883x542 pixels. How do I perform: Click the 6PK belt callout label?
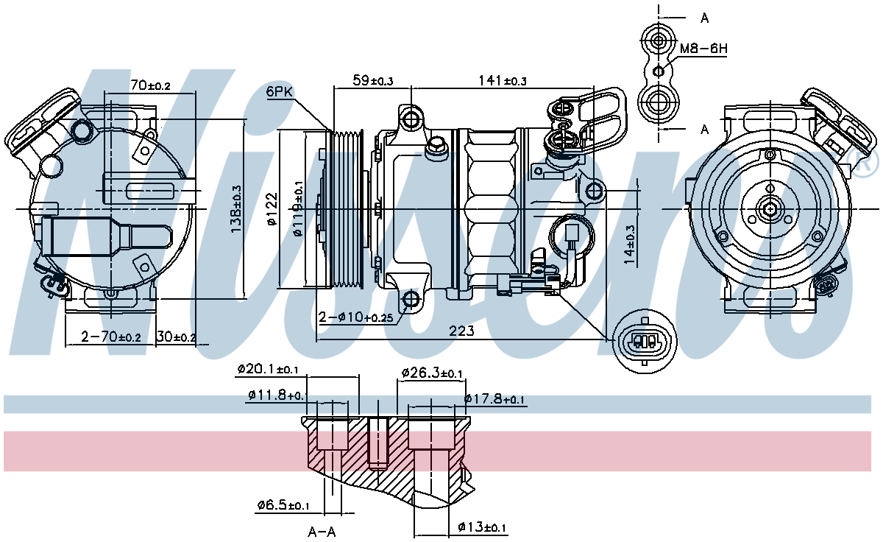[280, 92]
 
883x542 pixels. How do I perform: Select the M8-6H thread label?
[703, 49]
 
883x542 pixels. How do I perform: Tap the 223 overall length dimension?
[461, 331]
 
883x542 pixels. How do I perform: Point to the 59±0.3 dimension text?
[372, 80]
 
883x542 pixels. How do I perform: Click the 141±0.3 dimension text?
[502, 80]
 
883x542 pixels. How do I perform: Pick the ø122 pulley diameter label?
[273, 208]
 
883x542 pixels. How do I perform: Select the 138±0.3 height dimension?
[236, 209]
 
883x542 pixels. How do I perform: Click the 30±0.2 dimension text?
[176, 337]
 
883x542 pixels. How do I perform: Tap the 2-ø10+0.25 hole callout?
[355, 317]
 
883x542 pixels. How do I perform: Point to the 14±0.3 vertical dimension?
[630, 244]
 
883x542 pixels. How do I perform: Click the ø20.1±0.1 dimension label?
[268, 369]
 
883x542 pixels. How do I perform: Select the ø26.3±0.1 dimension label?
[432, 373]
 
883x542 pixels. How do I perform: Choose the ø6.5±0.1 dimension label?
[283, 504]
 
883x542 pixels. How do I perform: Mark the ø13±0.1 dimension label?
[482, 527]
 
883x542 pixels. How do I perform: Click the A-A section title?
[322, 532]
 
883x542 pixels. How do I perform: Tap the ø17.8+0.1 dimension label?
[494, 399]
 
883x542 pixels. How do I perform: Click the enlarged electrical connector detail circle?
[645, 342]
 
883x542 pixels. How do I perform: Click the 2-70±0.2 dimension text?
[111, 337]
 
